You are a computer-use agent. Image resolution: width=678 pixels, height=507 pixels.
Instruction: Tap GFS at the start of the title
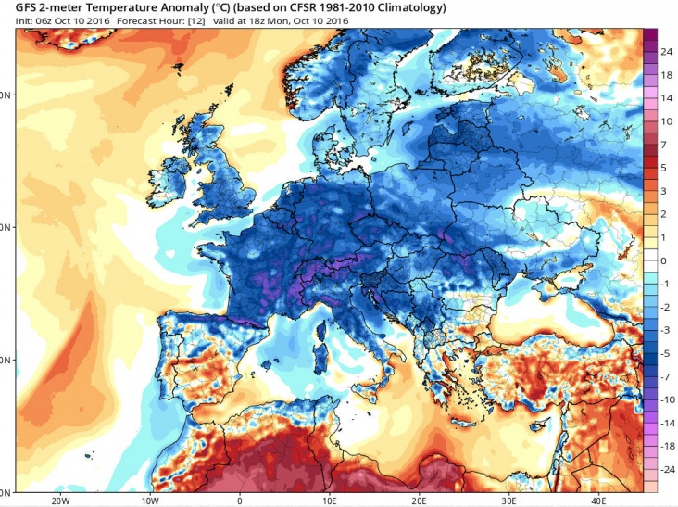pyautogui.click(x=16, y=7)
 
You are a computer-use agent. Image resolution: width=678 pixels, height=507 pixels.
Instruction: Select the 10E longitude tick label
pyautogui.click(x=330, y=500)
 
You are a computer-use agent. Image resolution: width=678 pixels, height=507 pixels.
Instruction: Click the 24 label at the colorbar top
pyautogui.click(x=666, y=52)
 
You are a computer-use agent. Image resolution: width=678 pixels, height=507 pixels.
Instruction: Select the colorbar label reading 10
pyautogui.click(x=666, y=121)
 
